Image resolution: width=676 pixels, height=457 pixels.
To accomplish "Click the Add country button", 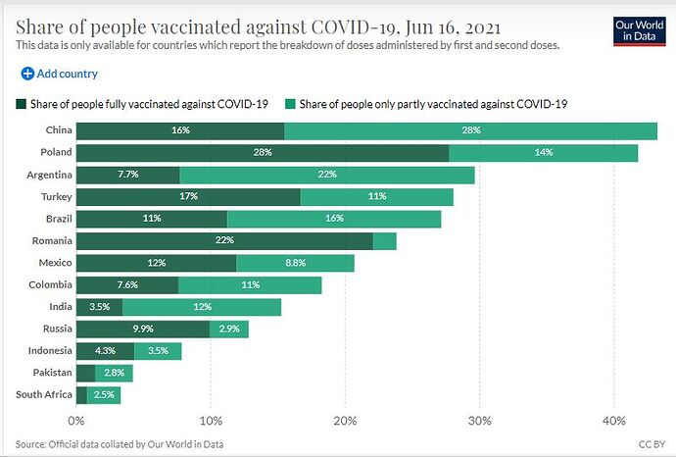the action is pyautogui.click(x=60, y=74).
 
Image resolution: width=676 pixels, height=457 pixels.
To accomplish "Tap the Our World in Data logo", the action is pyautogui.click(x=640, y=31).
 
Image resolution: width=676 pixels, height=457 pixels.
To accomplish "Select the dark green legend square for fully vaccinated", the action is pyautogui.click(x=22, y=104).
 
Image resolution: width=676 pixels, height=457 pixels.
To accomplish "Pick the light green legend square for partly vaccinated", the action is pyautogui.click(x=290, y=104).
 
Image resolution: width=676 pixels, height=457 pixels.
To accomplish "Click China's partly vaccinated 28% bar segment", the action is pyautogui.click(x=471, y=130).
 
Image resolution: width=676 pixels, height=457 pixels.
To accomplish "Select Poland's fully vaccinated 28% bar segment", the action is pyautogui.click(x=263, y=153).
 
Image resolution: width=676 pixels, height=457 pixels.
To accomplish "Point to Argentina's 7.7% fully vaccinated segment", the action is pyautogui.click(x=128, y=175).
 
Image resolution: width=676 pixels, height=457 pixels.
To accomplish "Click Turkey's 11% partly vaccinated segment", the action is pyautogui.click(x=377, y=197).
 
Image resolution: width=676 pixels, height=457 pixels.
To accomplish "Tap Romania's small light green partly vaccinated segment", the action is pyautogui.click(x=385, y=241).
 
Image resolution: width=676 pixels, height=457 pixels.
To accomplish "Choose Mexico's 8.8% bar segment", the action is pyautogui.click(x=295, y=263).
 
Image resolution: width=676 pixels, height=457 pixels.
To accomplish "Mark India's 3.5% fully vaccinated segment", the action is pyautogui.click(x=100, y=307).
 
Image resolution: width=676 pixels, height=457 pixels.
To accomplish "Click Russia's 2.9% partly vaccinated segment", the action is pyautogui.click(x=229, y=329).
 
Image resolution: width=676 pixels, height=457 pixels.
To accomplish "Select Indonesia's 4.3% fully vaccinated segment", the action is pyautogui.click(x=105, y=351).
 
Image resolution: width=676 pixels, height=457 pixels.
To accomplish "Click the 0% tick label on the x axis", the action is pyautogui.click(x=76, y=421).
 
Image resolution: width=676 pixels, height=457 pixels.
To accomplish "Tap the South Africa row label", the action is pyautogui.click(x=44, y=394).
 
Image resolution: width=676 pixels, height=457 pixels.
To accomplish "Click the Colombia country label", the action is pyautogui.click(x=50, y=284).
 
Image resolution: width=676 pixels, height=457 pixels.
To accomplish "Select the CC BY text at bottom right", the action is pyautogui.click(x=652, y=444).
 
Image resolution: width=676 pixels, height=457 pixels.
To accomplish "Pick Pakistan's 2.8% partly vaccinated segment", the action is pyautogui.click(x=114, y=373).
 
